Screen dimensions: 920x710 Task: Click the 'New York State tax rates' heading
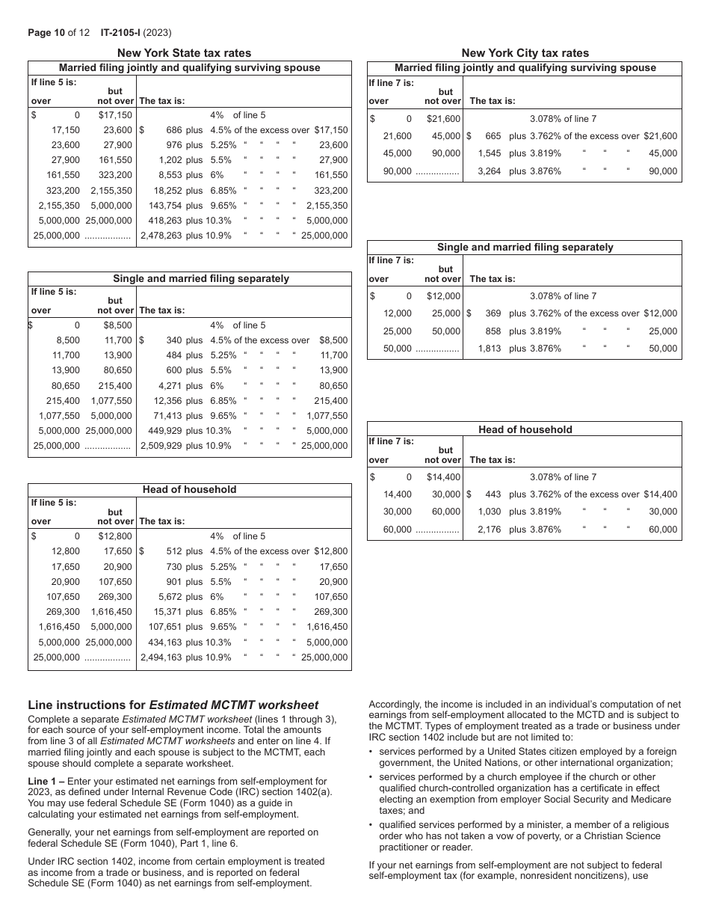point(184,53)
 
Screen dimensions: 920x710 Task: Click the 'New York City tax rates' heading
point(525,53)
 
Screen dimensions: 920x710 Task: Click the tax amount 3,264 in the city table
point(488,171)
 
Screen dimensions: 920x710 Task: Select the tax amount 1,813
point(488,349)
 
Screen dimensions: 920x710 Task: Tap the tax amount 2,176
point(488,530)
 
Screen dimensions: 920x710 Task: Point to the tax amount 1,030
point(488,512)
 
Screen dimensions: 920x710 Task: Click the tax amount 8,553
point(170,175)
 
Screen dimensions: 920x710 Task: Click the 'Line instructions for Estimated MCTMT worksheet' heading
point(173,705)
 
